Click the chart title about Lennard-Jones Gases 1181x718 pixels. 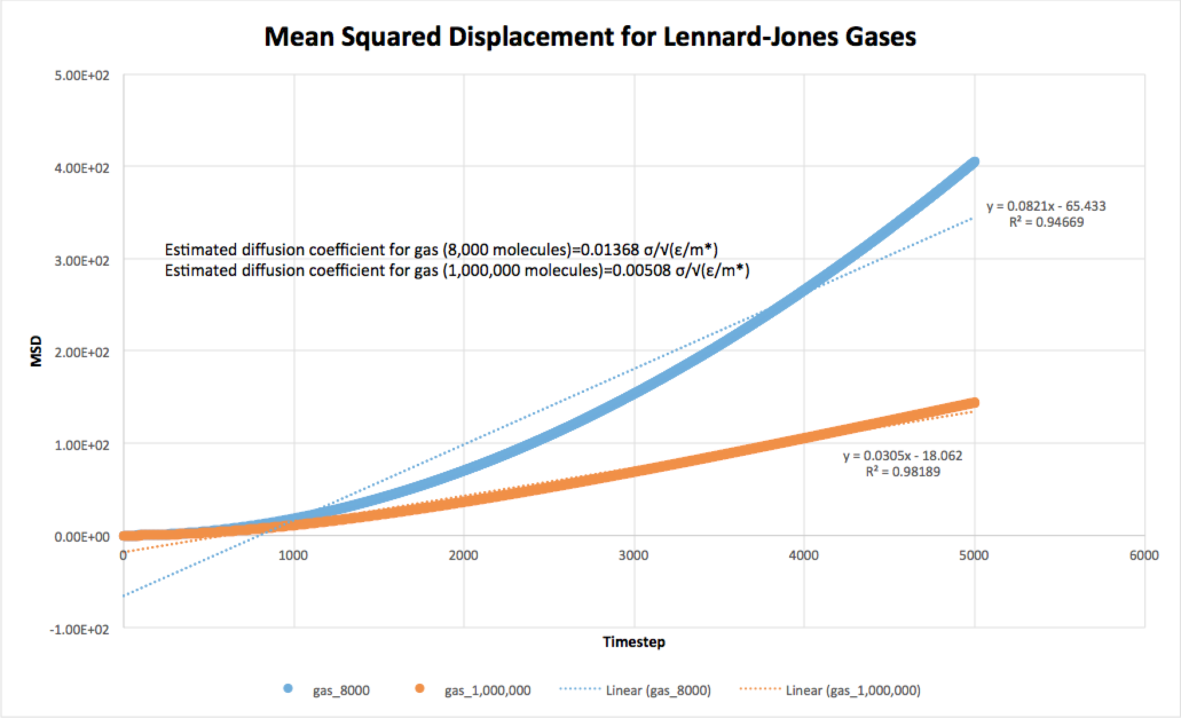pos(590,37)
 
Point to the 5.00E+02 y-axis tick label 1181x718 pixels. pos(82,76)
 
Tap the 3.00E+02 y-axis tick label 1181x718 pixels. pos(82,260)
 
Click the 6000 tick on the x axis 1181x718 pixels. pos(1144,555)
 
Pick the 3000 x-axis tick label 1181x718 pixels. pos(633,555)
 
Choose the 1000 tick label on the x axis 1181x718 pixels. pos(293,555)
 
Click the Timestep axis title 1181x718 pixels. pos(633,642)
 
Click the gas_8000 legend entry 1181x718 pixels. pos(341,691)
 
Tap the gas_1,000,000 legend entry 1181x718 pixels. pos(487,691)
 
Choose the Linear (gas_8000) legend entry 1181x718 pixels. pos(658,691)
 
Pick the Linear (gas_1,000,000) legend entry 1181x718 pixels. pos(853,691)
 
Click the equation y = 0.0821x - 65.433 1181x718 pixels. pos(1046,206)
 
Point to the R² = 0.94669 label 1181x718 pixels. pos(1046,222)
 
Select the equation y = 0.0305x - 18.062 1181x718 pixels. pos(903,456)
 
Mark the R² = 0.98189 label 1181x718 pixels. pos(903,472)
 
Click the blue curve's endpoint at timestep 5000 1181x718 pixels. pos(974,162)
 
